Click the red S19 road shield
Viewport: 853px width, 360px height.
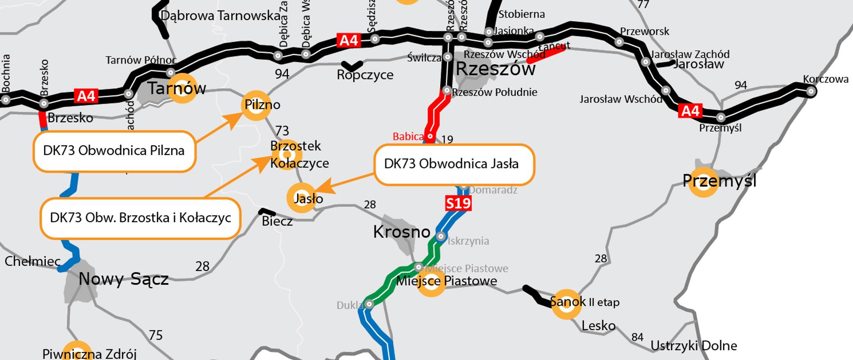click(458, 204)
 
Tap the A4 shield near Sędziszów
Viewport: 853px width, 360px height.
click(348, 40)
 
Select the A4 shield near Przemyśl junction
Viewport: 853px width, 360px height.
click(690, 111)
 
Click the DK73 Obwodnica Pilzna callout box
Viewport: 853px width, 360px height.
click(114, 151)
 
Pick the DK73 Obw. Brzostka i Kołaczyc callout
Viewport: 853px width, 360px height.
click(140, 218)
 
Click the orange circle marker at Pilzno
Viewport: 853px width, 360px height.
click(256, 106)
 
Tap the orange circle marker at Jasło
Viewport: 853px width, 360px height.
click(302, 198)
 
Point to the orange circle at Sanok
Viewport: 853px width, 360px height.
click(566, 304)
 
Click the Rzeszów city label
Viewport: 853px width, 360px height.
click(496, 69)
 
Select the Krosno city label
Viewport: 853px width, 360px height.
click(402, 232)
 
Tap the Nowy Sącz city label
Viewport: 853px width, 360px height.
click(124, 280)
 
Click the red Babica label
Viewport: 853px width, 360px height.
click(407, 136)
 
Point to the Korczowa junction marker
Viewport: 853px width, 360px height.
click(811, 92)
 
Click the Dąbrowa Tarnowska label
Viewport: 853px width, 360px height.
click(220, 16)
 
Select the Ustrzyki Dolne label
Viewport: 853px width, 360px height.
click(694, 346)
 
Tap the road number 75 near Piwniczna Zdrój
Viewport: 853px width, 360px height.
click(155, 335)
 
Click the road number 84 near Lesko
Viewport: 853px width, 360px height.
click(637, 337)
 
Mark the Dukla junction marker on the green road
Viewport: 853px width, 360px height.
click(369, 304)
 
